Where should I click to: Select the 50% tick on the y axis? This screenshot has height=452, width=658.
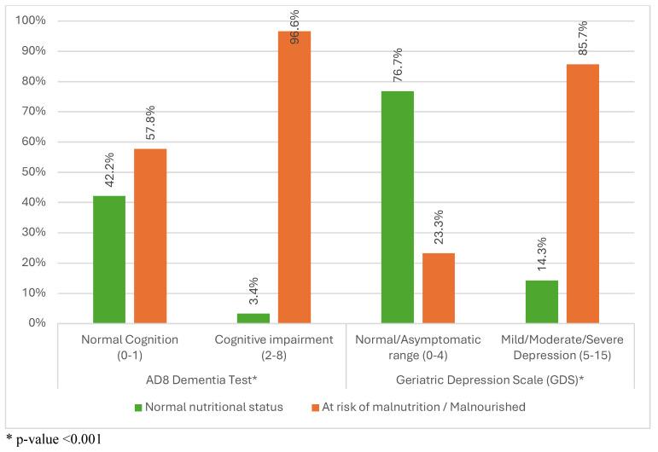click(x=35, y=172)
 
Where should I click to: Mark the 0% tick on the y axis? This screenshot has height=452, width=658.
click(x=38, y=323)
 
